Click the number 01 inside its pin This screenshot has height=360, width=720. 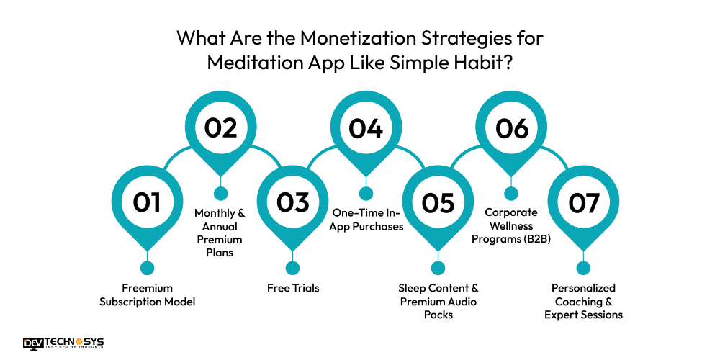[x=147, y=203]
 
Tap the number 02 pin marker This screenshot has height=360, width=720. [x=220, y=128]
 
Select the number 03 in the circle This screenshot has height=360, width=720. [x=292, y=203]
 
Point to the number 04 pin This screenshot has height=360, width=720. [x=366, y=128]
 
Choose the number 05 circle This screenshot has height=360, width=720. [x=438, y=203]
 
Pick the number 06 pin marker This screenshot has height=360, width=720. [x=511, y=128]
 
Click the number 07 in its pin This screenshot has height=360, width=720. [x=584, y=203]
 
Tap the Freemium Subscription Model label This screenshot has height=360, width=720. [x=147, y=294]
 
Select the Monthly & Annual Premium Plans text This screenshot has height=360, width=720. [x=220, y=233]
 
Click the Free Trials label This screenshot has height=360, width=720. [x=292, y=288]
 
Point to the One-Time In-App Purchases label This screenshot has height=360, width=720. [x=366, y=220]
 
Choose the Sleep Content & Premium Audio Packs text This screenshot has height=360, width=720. [x=438, y=301]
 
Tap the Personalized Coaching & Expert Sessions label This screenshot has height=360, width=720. [x=584, y=301]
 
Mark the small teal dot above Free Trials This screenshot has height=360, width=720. [x=292, y=268]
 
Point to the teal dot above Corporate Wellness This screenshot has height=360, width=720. [x=511, y=193]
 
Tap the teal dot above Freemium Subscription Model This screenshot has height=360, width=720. [x=147, y=268]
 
